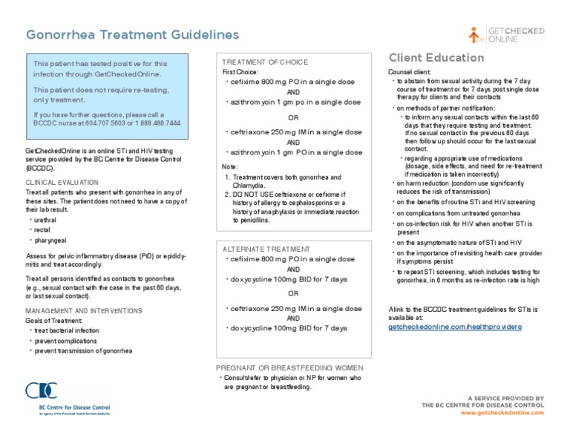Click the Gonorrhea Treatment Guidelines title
(x=133, y=35)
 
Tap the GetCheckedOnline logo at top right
(x=507, y=34)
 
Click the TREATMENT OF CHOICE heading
(x=265, y=62)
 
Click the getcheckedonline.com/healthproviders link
(x=455, y=326)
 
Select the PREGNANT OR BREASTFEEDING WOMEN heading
(x=289, y=367)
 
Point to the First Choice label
(x=242, y=72)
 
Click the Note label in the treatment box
(x=230, y=166)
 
